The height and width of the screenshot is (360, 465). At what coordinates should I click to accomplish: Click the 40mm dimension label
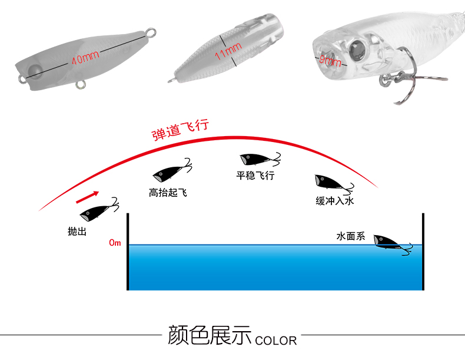85,58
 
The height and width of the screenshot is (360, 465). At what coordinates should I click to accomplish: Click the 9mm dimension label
330,61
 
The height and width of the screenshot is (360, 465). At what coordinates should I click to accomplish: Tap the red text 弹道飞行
181,129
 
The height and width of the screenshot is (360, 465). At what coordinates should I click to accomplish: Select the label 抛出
77,232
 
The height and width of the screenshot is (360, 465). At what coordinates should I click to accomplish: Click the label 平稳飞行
255,175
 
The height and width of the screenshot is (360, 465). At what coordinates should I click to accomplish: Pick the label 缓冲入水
334,201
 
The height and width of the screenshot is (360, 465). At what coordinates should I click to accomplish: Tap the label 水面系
351,237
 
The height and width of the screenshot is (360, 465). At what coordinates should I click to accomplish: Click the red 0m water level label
115,243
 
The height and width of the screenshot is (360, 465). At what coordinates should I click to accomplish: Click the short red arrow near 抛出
87,195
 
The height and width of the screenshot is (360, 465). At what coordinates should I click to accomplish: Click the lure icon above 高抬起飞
172,171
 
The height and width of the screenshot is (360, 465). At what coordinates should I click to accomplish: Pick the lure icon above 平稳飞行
257,160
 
